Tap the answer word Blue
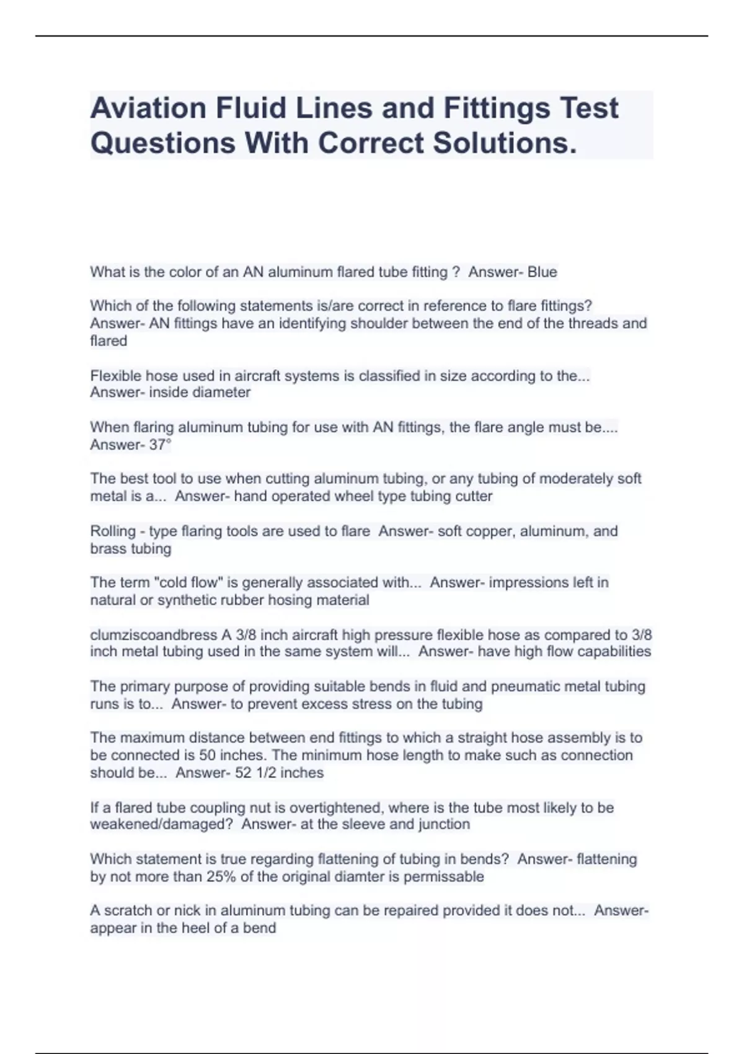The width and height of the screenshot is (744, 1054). tap(542, 272)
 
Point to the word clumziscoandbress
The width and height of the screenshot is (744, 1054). tap(154, 635)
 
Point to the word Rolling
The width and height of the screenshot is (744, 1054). tap(112, 531)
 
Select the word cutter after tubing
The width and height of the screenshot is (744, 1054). tap(473, 496)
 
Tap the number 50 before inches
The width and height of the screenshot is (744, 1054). tap(207, 755)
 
